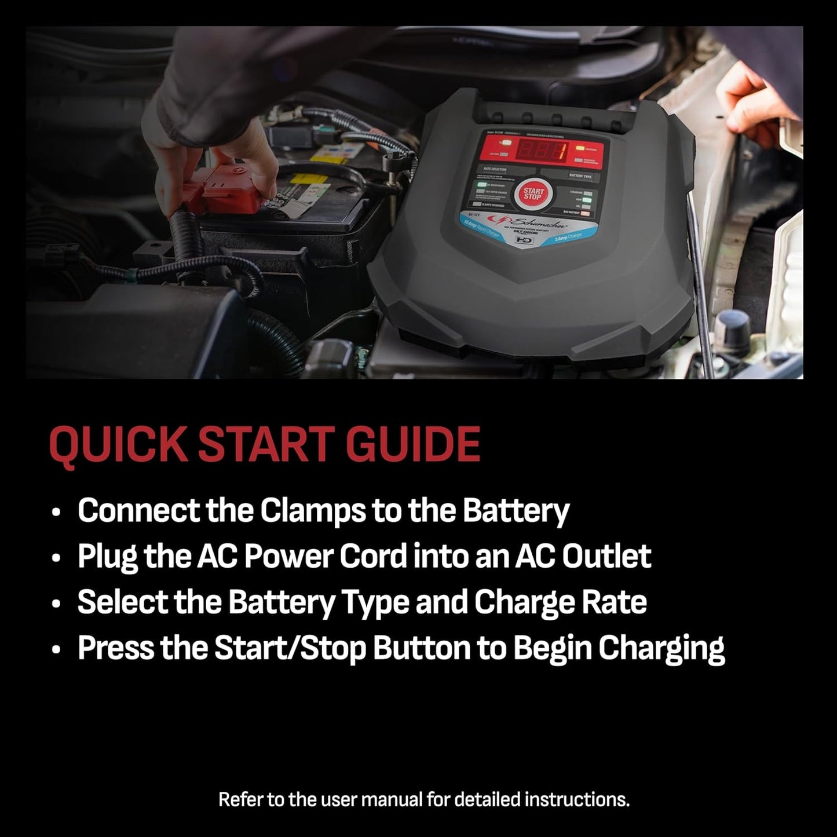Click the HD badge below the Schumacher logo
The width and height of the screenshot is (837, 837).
(x=522, y=239)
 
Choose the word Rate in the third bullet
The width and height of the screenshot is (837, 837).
(x=617, y=602)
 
